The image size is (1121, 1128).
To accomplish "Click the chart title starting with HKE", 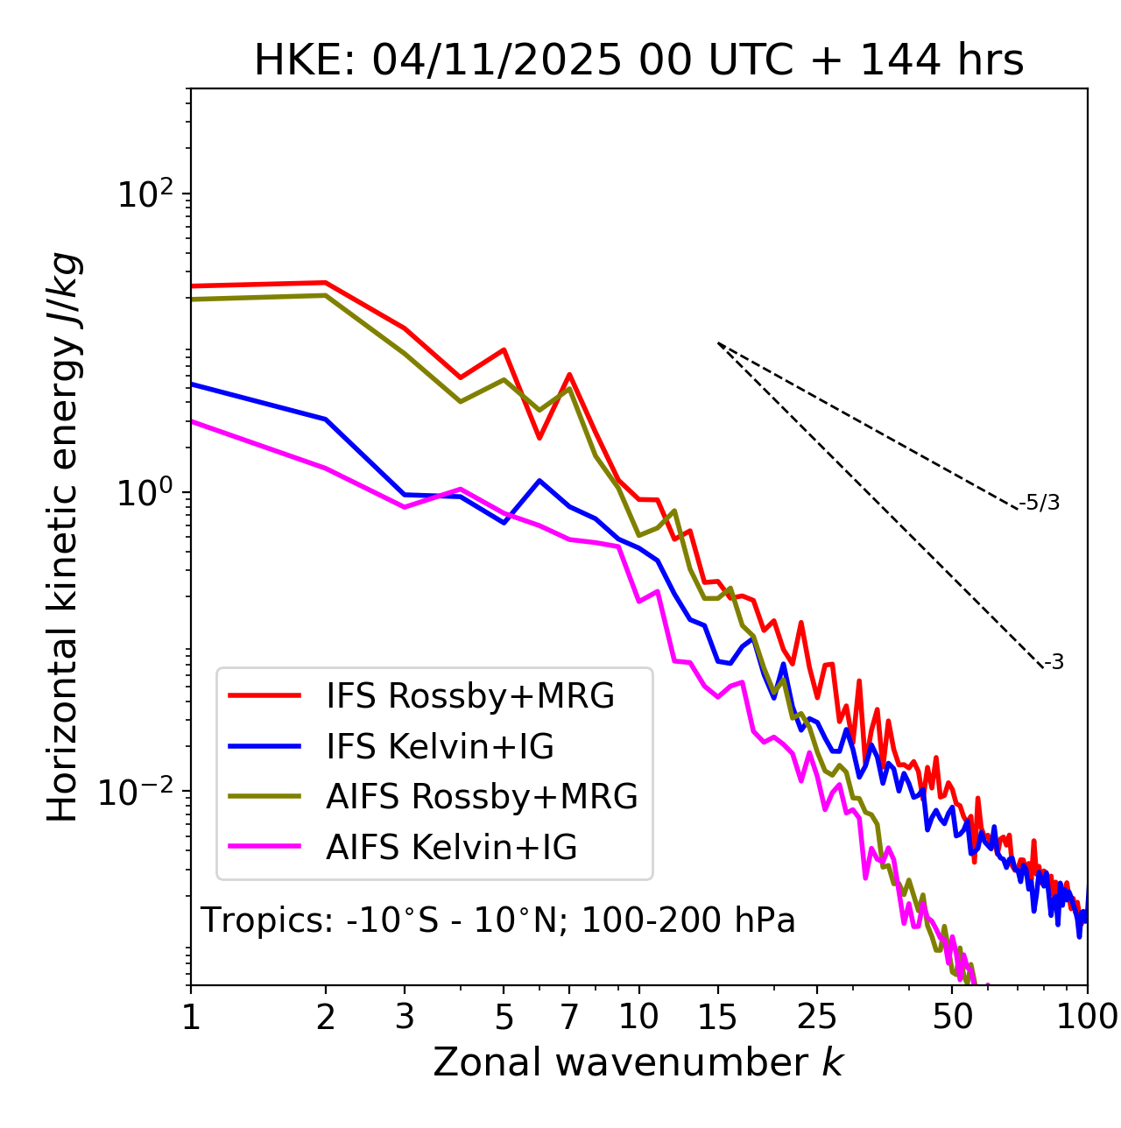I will tap(638, 61).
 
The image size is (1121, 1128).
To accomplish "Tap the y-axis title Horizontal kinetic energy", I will tap(63, 537).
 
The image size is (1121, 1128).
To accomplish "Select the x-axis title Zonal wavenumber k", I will tap(638, 1062).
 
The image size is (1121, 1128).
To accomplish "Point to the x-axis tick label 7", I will tap(569, 1017).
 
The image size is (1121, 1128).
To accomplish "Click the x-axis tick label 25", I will tap(816, 1017).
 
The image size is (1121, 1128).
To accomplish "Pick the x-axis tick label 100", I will tap(1087, 1017).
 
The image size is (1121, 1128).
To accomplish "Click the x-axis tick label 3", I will tap(405, 1017).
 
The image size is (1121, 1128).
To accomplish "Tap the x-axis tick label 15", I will tap(717, 1017).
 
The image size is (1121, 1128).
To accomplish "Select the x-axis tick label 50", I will tap(952, 1017).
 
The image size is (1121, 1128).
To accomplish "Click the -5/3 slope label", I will tap(1040, 503).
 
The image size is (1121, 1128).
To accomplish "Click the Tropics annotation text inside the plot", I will tap(498, 920).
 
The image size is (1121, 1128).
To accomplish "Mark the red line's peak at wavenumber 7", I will tap(569, 375).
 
